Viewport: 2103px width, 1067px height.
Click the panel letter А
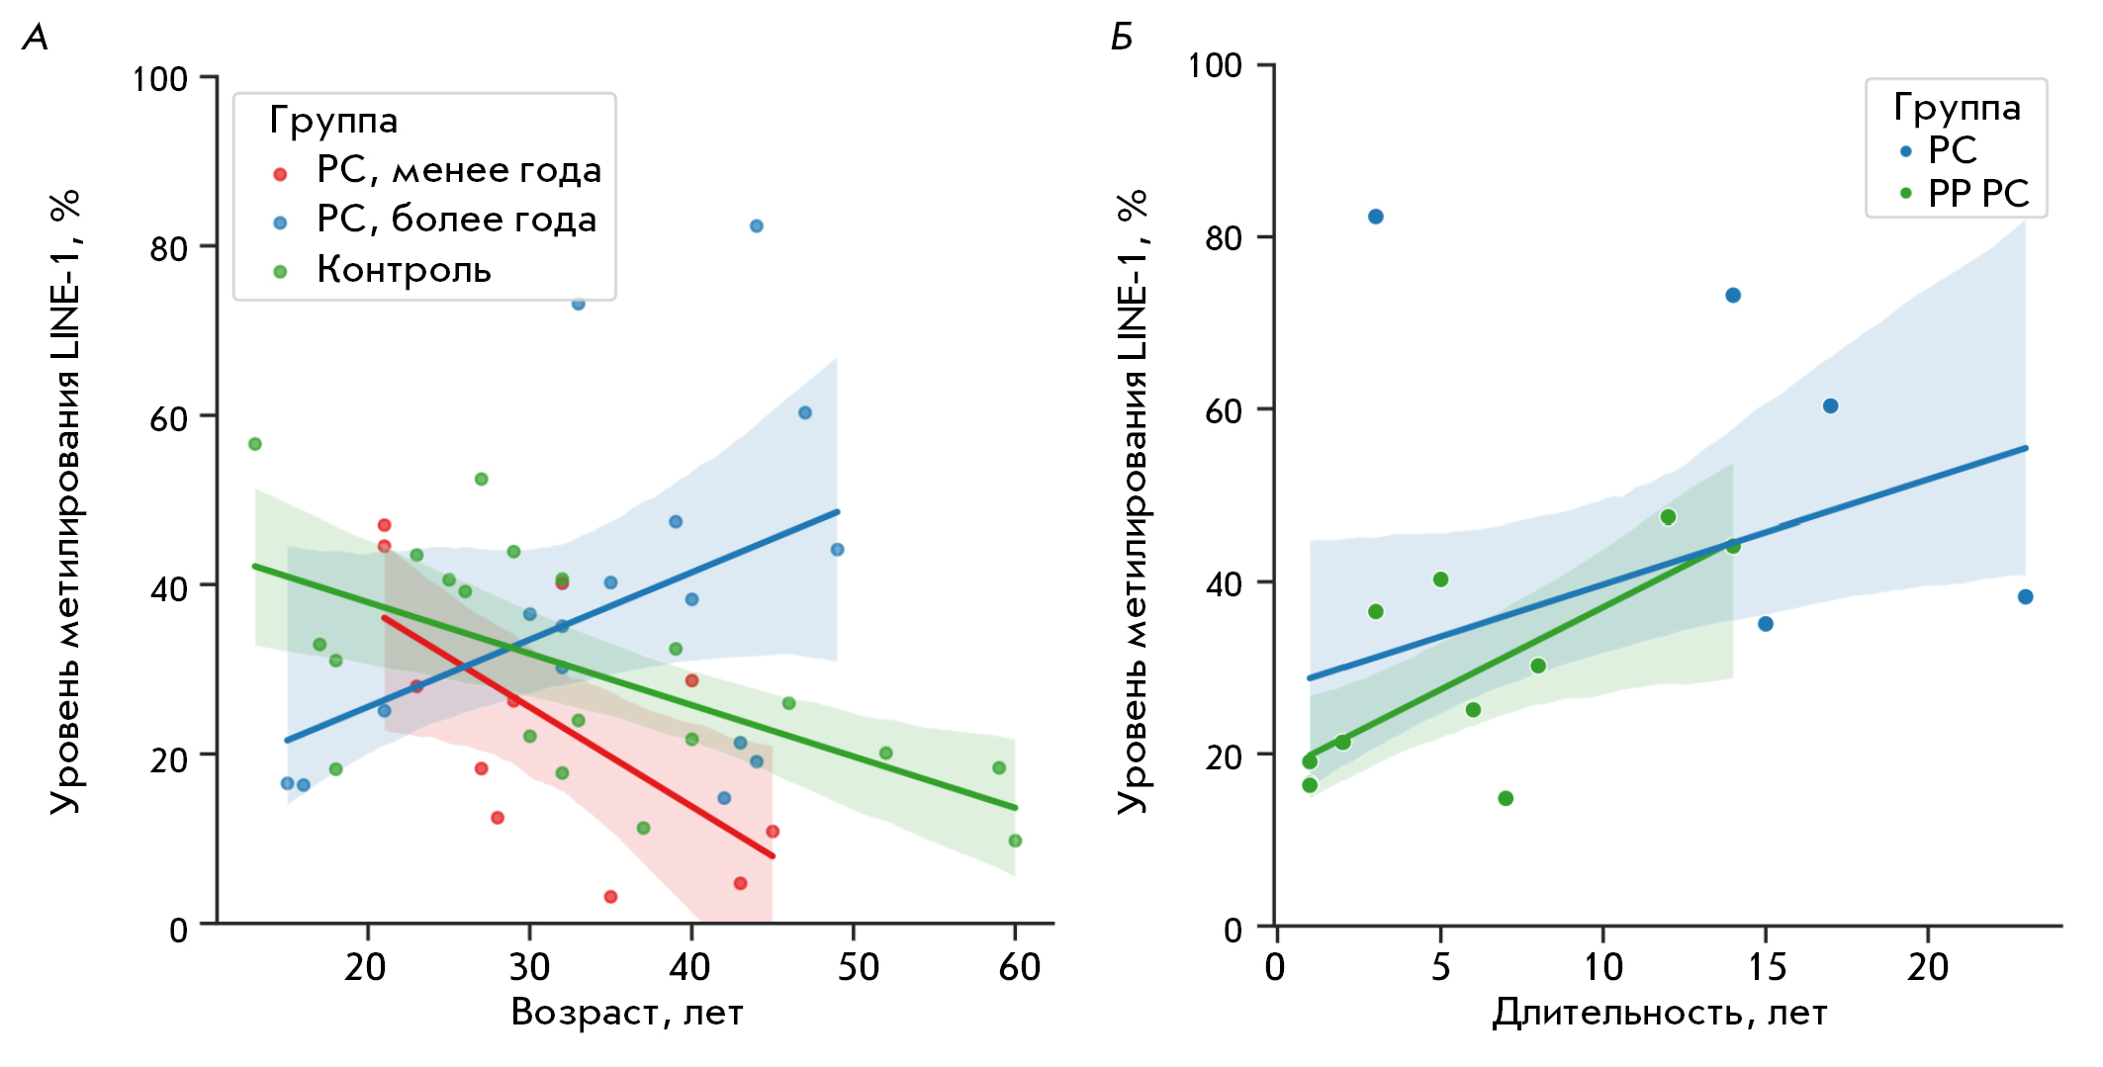coord(36,38)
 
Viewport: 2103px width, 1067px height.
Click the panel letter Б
coord(1122,38)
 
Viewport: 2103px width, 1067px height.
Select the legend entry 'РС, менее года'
coord(458,171)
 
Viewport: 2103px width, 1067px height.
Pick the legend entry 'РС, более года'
coord(456,220)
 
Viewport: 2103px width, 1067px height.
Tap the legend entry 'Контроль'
coord(404,270)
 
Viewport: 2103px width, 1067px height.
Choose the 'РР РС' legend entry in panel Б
coord(1977,194)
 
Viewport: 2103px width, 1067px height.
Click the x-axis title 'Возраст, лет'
coord(626,1013)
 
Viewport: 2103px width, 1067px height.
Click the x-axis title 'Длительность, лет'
coord(1659,1013)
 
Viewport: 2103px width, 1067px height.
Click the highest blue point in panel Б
coord(1375,217)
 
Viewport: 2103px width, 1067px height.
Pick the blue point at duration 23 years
coord(2025,596)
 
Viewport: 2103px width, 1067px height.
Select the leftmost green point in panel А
coord(254,444)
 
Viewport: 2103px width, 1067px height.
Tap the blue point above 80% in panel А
coord(756,226)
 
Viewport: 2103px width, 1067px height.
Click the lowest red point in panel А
coord(610,897)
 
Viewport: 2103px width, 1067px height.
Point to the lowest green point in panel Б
coord(1506,798)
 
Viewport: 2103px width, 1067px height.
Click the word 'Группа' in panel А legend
coord(333,121)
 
